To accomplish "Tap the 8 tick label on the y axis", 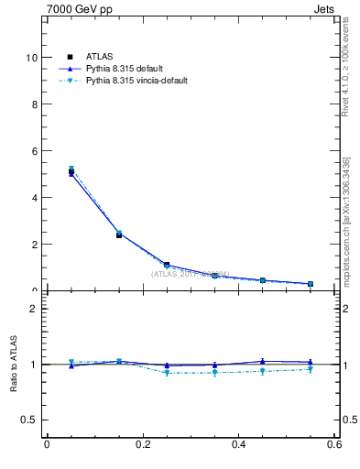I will point(33,104).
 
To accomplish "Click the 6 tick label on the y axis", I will point(33,150).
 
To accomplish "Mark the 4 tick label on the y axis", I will point(33,197).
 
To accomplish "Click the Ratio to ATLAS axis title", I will point(13,365).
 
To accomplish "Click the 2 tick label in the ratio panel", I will point(33,309).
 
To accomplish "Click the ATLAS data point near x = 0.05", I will point(71,171).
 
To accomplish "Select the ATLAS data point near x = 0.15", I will point(119,235).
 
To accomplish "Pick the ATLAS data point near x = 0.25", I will point(167,265).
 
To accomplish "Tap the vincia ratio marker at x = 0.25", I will point(167,373).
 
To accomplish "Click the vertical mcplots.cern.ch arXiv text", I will point(346,220).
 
